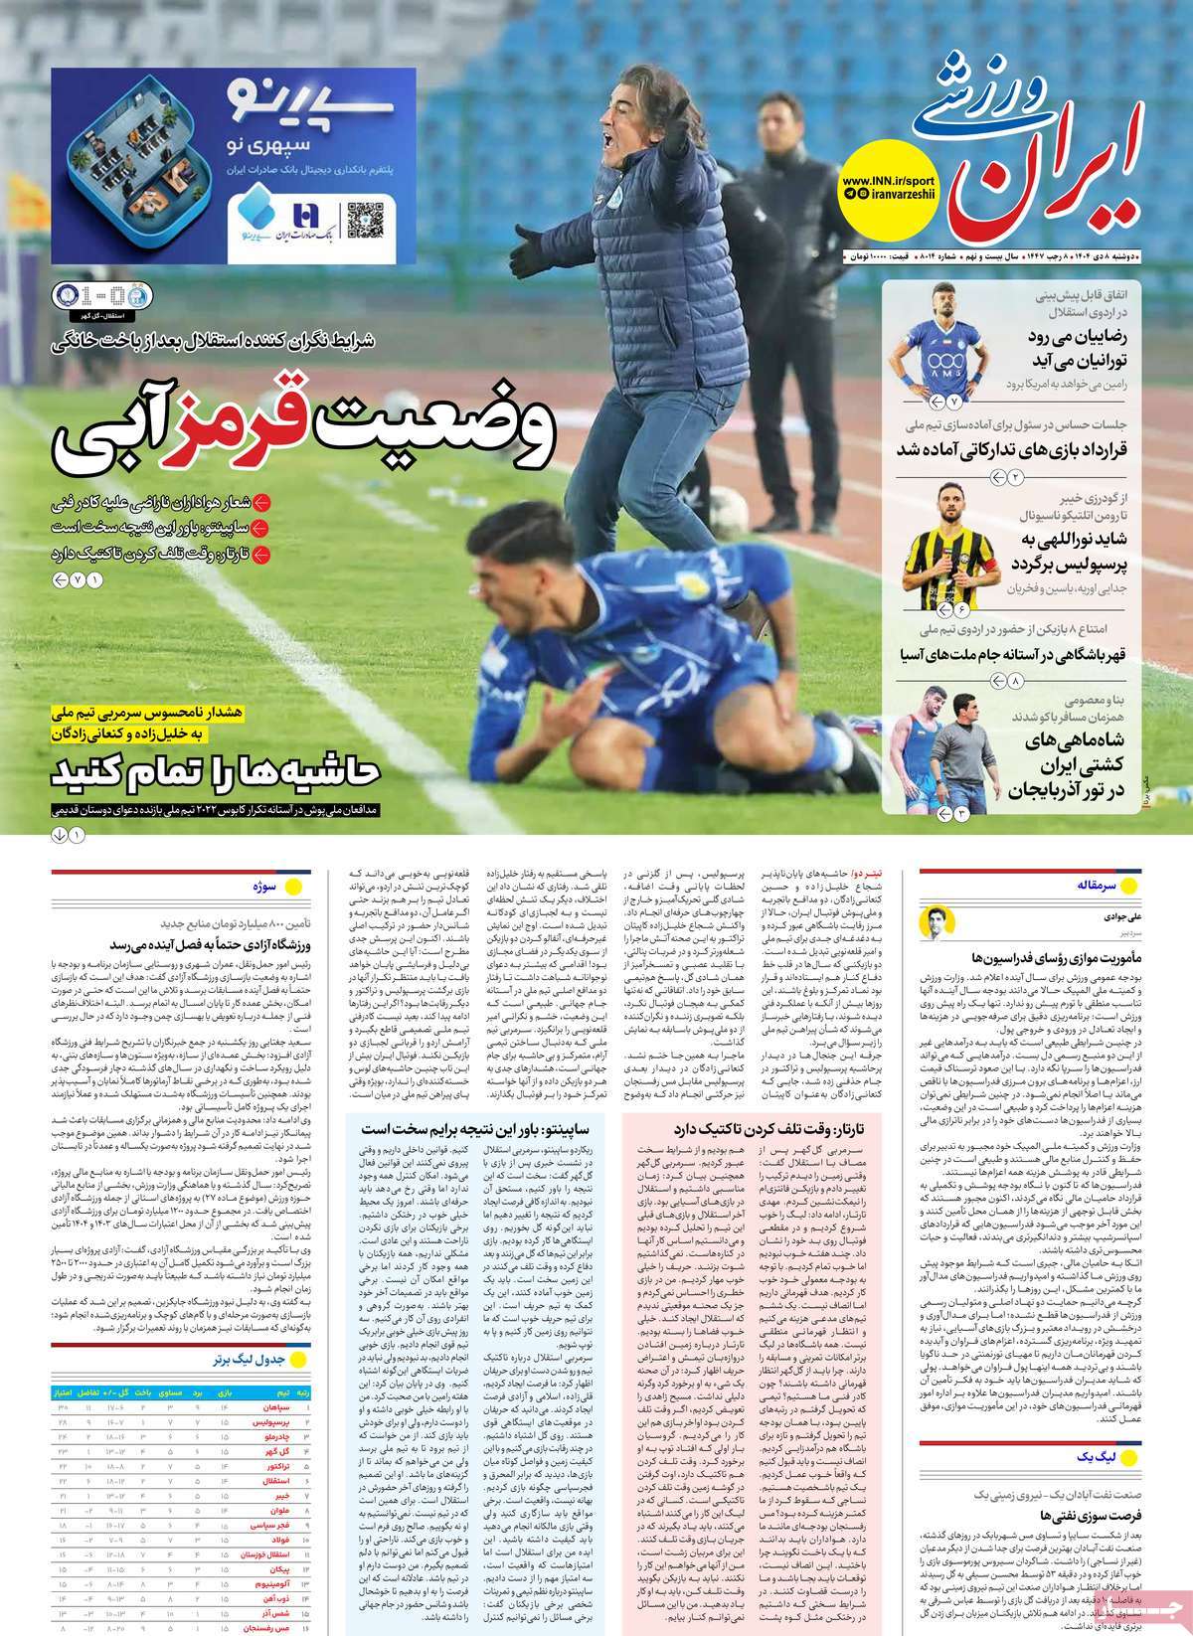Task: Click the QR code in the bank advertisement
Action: coord(362,216)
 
